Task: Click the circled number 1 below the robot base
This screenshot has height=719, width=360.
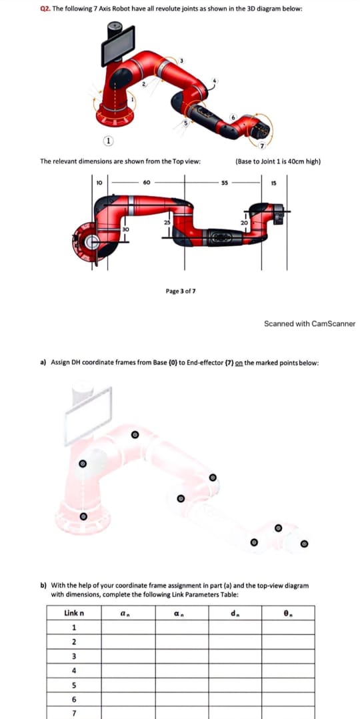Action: tap(106, 141)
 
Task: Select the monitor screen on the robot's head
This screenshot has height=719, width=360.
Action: tap(118, 49)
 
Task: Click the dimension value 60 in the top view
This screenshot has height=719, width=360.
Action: tap(145, 181)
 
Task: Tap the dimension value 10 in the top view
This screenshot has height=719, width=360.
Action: tap(99, 181)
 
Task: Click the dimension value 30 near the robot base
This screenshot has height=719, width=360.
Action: tap(125, 228)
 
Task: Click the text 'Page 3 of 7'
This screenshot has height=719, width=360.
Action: tap(180, 291)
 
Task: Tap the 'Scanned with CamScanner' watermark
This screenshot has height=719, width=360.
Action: tap(309, 324)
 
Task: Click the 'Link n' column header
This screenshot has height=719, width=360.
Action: tap(73, 612)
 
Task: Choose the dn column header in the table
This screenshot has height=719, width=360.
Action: tap(233, 612)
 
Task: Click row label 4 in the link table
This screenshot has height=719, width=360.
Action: tap(73, 670)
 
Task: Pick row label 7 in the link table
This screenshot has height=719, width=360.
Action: tap(73, 712)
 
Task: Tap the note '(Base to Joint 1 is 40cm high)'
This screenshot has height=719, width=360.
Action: tap(278, 161)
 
